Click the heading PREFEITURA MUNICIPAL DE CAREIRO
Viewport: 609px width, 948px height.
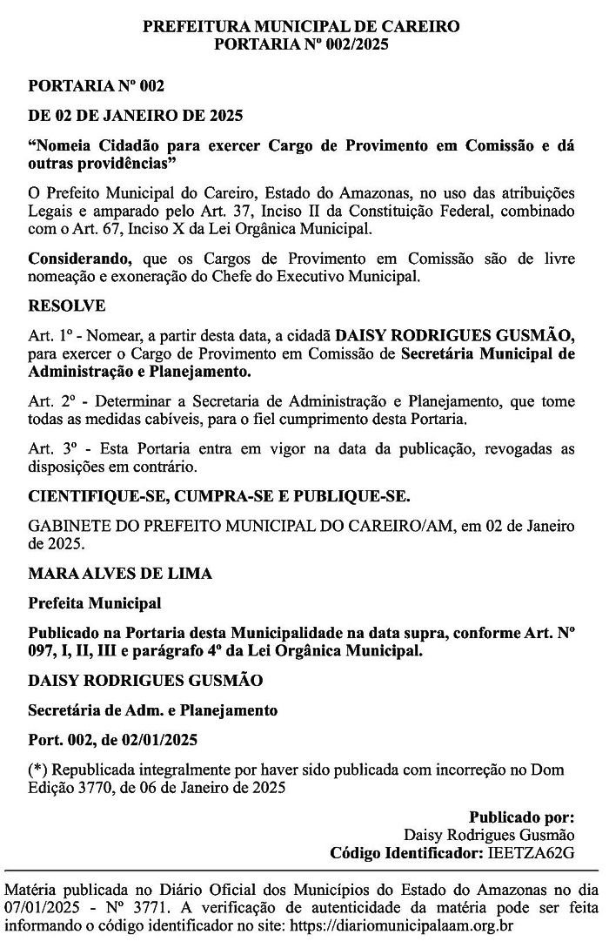tap(301, 26)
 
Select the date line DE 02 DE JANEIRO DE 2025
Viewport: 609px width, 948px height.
tap(136, 115)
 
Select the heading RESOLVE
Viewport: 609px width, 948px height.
tap(67, 306)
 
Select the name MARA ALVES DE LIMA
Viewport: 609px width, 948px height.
tap(120, 574)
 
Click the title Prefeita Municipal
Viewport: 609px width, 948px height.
tap(95, 602)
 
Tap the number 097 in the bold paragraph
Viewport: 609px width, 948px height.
tap(43, 649)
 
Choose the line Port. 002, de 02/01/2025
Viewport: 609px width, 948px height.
tap(113, 741)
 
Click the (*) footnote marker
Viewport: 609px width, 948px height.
tap(37, 770)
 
